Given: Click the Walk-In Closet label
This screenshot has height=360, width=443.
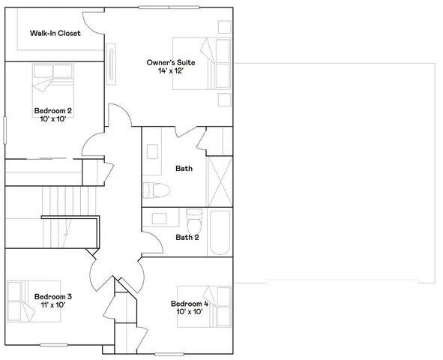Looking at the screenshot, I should (x=55, y=34).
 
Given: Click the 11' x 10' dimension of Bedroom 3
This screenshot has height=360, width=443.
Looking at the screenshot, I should (x=53, y=305).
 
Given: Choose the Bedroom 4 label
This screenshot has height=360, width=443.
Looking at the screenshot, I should (x=190, y=303).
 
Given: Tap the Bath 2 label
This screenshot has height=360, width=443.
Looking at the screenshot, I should (x=187, y=237).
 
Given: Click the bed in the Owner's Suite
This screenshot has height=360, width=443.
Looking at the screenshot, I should (x=201, y=63).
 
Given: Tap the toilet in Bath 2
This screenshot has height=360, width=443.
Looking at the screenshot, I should (x=195, y=223).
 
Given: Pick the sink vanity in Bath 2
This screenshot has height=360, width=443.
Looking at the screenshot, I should (x=160, y=219).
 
